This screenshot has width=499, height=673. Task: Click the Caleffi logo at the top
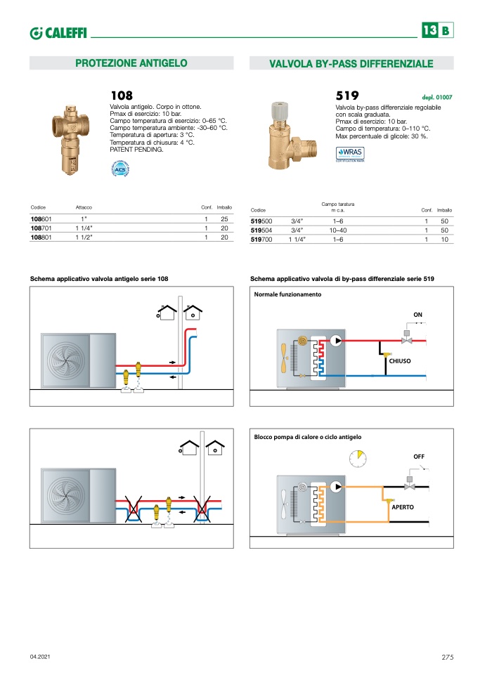click(58, 32)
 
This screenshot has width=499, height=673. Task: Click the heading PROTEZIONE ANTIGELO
click(131, 63)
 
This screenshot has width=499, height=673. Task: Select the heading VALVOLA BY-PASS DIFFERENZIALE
click(351, 64)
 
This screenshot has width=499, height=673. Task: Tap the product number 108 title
click(122, 96)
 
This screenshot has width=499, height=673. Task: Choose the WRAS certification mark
click(351, 153)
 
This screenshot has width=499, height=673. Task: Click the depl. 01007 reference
click(437, 97)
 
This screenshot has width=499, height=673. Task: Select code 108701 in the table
click(41, 228)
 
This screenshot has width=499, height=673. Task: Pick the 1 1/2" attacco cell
click(84, 238)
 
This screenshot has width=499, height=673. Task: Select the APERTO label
click(403, 507)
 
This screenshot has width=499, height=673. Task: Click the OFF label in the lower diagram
click(419, 457)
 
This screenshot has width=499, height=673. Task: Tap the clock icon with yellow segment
click(358, 459)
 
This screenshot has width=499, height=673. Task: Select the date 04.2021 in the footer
click(40, 657)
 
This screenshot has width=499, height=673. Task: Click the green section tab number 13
click(429, 30)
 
